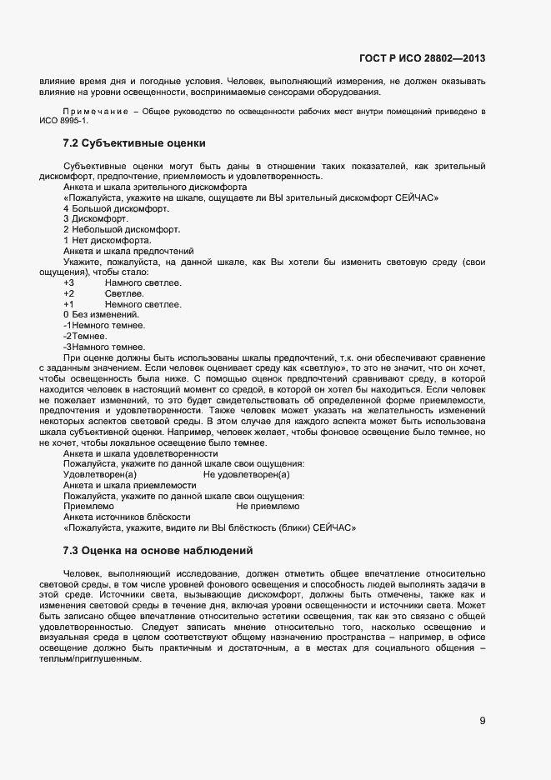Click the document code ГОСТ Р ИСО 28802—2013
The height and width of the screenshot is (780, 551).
point(422,58)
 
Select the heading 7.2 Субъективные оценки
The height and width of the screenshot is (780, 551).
point(134,143)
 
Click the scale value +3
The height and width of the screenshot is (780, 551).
point(69,283)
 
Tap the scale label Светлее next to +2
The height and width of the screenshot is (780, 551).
point(124,294)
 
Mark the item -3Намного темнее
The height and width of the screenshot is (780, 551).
point(104,347)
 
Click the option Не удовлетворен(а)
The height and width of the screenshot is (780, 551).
point(246,474)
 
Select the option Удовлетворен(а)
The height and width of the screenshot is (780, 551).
point(99,474)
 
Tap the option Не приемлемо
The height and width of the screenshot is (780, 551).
point(268,506)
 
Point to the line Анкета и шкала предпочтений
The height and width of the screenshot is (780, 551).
point(128,251)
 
